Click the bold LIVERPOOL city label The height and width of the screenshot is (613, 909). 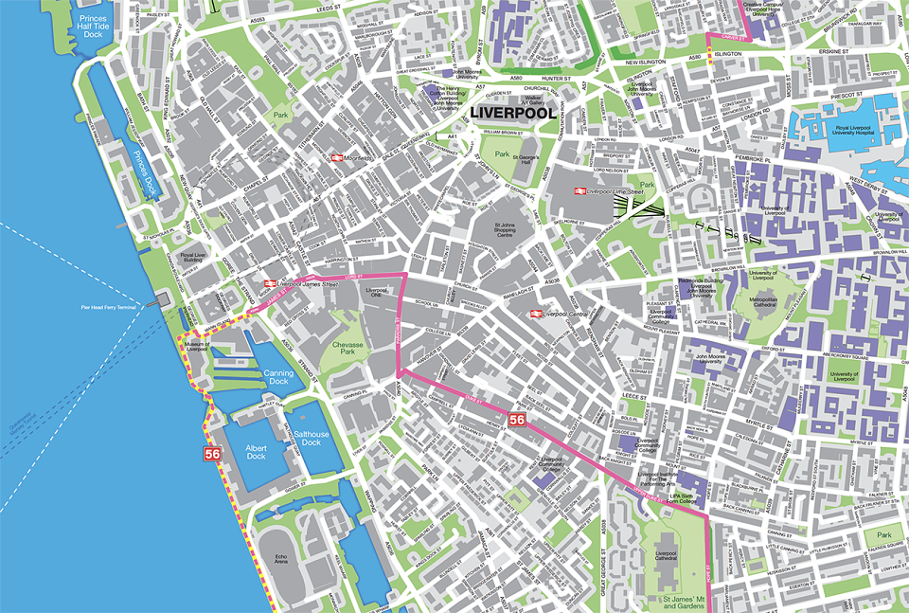[x=512, y=113]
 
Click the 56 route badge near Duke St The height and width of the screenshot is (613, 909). [x=516, y=419]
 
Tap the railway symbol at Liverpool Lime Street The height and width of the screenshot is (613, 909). [x=577, y=190]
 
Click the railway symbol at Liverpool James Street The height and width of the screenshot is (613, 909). [x=270, y=282]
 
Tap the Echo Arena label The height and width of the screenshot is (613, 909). [x=280, y=561]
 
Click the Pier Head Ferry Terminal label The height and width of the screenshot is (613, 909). [x=108, y=307]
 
